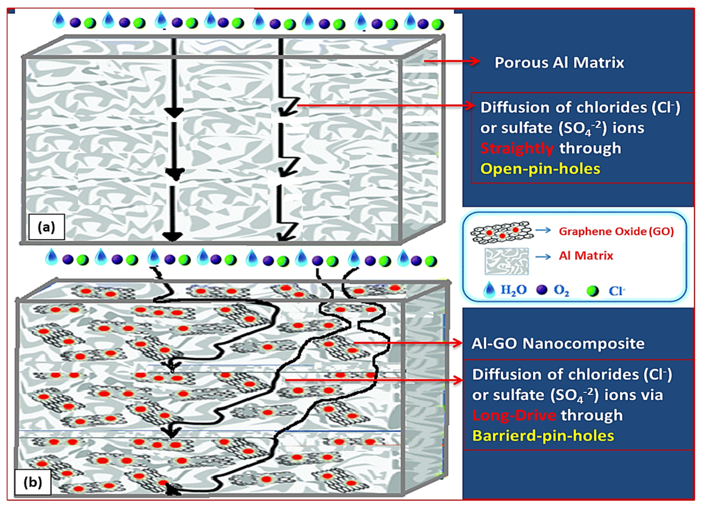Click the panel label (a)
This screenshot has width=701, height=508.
click(46, 227)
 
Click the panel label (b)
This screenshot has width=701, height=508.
click(33, 482)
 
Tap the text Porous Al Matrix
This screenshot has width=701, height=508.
click(559, 63)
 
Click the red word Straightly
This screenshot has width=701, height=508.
click(517, 148)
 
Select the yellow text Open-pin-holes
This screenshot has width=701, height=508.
click(540, 169)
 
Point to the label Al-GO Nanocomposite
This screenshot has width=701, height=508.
click(558, 343)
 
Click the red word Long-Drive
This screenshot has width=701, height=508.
click(514, 415)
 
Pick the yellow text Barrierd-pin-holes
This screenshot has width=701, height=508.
click(543, 436)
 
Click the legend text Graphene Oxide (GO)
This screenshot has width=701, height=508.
click(616, 232)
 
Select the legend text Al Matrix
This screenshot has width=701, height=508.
click(586, 256)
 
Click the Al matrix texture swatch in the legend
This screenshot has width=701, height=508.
click(506, 261)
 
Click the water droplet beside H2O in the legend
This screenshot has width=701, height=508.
click(489, 290)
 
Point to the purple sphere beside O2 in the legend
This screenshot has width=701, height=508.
click(542, 290)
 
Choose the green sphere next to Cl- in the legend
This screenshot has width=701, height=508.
click(592, 291)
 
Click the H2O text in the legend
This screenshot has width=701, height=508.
click(513, 291)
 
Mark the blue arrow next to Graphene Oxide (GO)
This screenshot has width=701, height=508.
click(543, 231)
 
